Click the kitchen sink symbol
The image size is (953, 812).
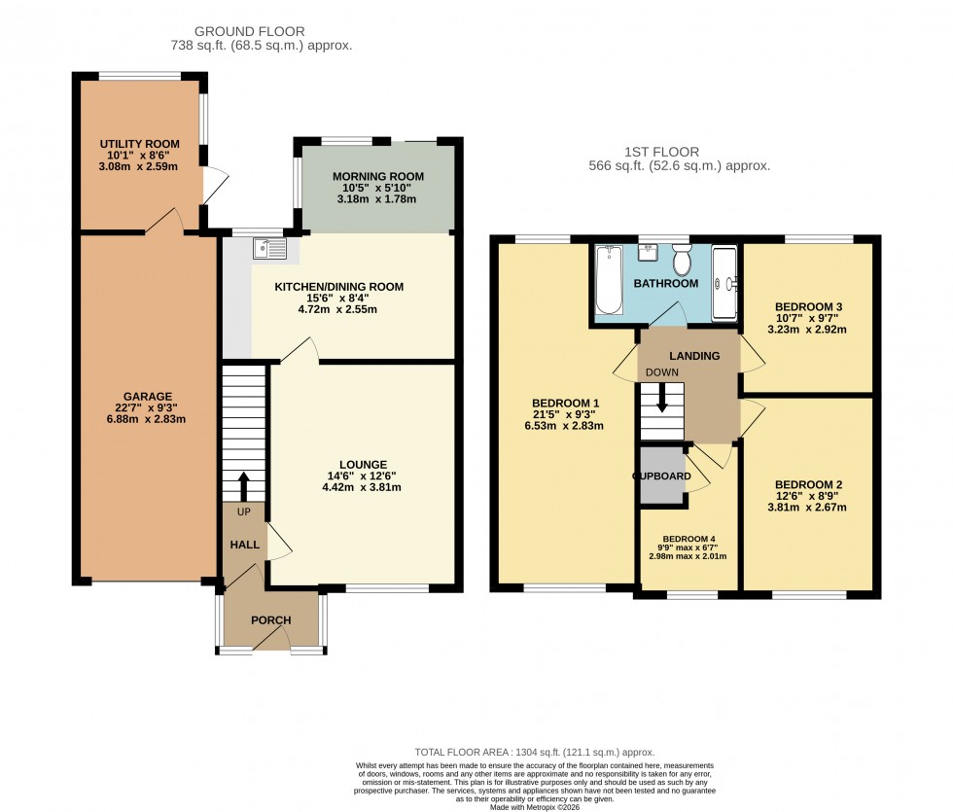[269, 250]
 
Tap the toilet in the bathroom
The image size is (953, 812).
[681, 262]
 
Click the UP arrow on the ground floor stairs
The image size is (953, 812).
[243, 483]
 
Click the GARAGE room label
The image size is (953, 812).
[148, 396]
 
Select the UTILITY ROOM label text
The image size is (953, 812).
[139, 144]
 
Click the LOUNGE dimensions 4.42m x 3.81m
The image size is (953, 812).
[364, 488]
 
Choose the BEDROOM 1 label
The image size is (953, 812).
[564, 403]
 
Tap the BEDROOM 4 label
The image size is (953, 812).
[688, 539]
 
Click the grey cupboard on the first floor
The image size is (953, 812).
[661, 477]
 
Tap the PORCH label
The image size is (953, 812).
[270, 620]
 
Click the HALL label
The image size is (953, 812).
[244, 545]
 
